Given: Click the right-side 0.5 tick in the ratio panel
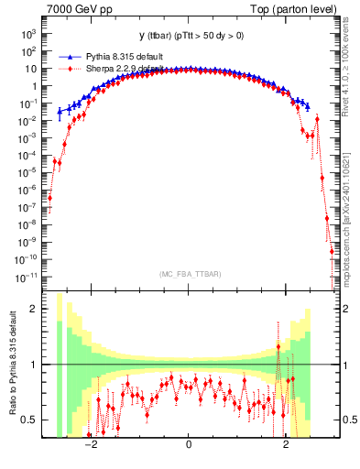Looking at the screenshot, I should (x=349, y=420).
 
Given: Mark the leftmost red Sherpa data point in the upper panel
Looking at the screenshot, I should (x=49, y=198).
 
